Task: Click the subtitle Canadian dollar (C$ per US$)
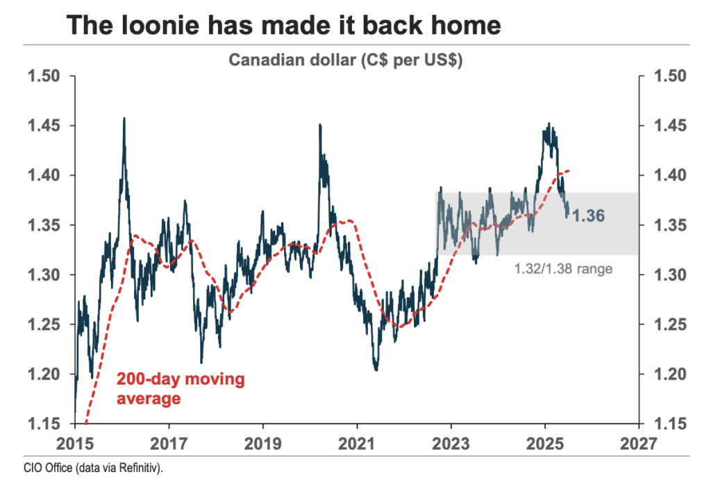[346, 60]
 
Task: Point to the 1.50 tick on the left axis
[43, 76]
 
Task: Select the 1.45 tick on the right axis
[667, 126]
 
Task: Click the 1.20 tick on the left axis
[43, 374]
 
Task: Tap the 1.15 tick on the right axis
[667, 423]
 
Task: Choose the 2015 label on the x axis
[75, 442]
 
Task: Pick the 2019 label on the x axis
[263, 442]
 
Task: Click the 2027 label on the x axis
[639, 442]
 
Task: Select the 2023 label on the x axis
[451, 442]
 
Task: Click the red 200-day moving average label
[181, 389]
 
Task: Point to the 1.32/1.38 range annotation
[563, 267]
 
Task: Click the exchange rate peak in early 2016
[124, 119]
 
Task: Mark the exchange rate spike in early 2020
[320, 126]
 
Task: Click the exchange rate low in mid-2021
[376, 369]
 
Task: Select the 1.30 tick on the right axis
[667, 275]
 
